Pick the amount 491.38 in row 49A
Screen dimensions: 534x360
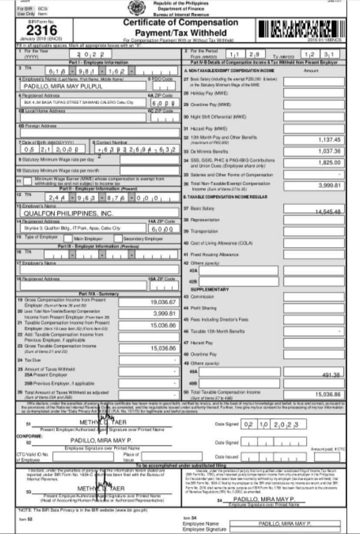coord(326,375)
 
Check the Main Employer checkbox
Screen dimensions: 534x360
coord(68,238)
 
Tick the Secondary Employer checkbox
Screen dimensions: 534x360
coord(118,238)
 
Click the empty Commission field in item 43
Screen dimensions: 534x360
coord(314,297)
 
